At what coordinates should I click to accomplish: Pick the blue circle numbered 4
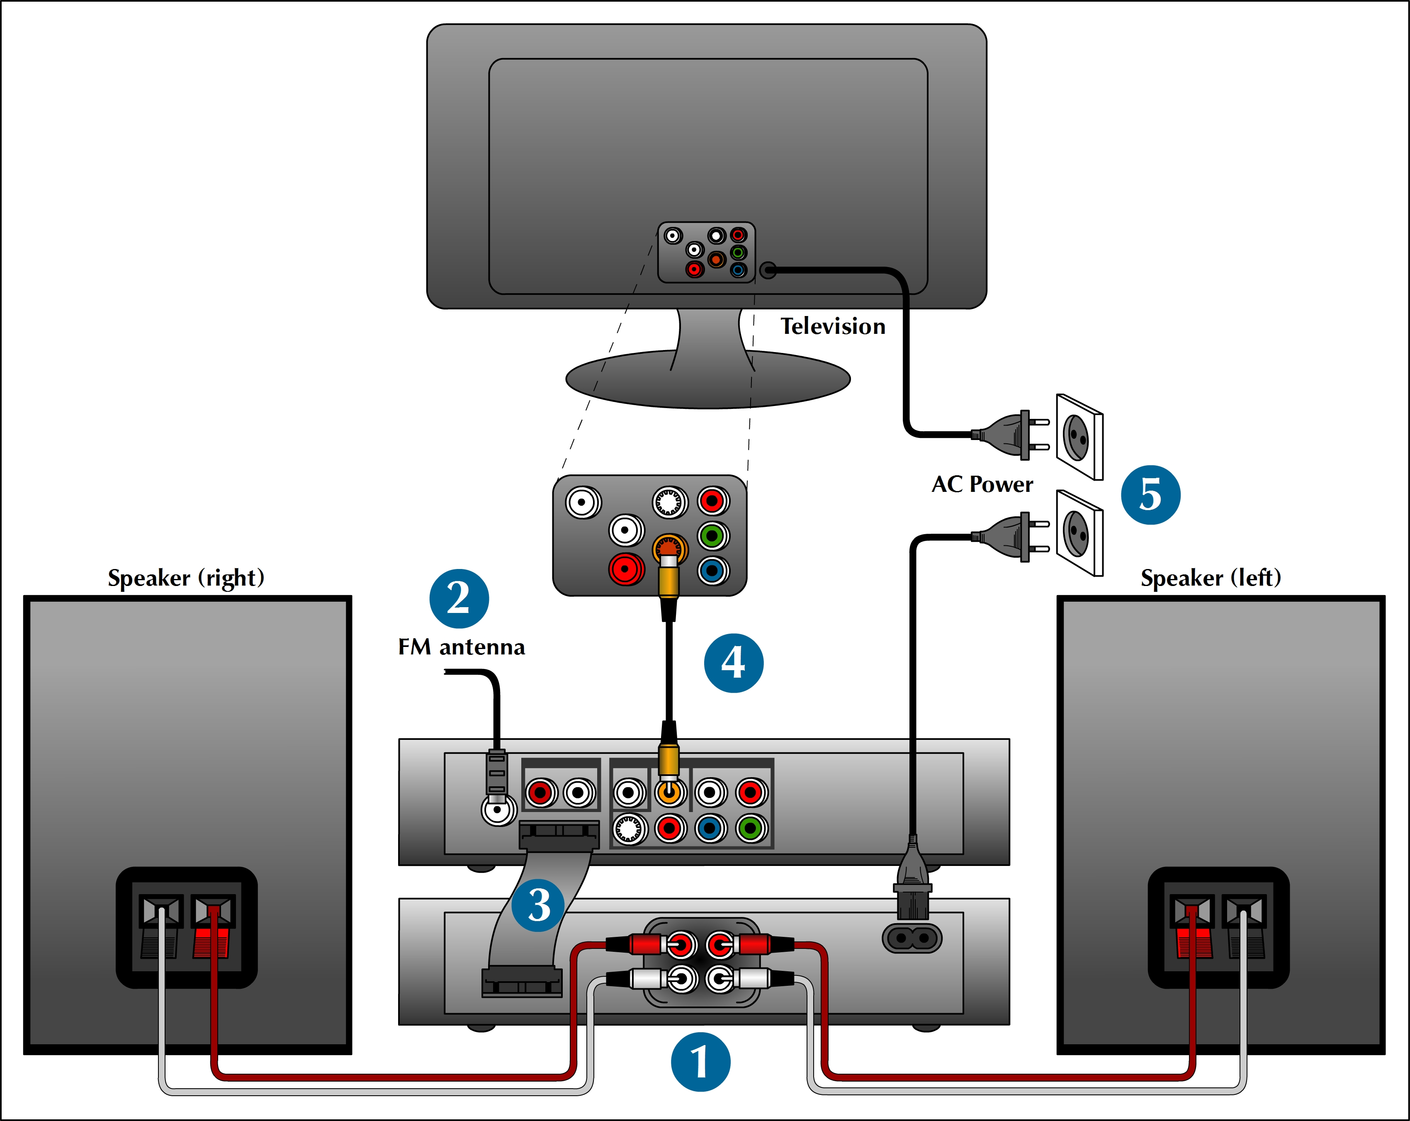click(x=734, y=663)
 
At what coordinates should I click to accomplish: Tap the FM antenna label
click(x=462, y=647)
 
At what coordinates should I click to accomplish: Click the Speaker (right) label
click(x=186, y=578)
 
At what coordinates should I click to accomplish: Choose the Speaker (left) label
click(x=1211, y=578)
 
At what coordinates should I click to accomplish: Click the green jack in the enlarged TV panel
click(x=713, y=536)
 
